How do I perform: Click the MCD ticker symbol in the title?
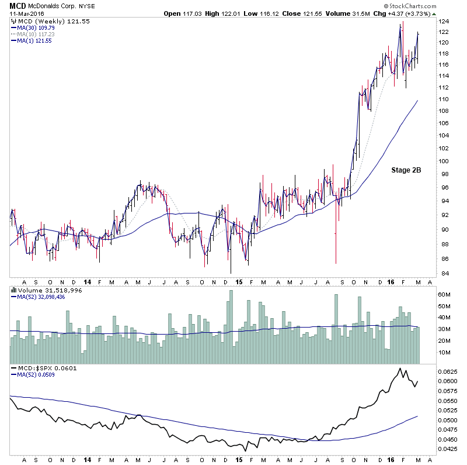[18, 5]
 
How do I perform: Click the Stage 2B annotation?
[406, 171]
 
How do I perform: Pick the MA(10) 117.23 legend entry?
[37, 33]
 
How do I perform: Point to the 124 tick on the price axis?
[445, 21]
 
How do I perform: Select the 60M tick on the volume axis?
[446, 294]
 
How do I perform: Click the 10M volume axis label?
[446, 352]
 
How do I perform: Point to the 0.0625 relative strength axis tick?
[449, 371]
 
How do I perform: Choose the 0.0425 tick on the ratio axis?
[449, 449]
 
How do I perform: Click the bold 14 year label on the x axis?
[86, 281]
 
